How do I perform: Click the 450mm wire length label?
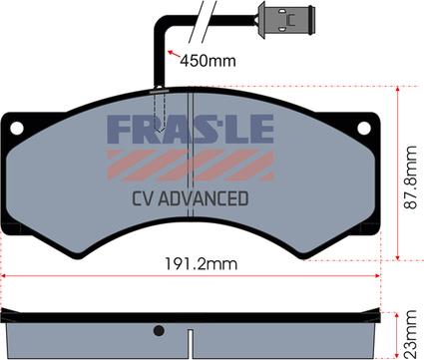pos(208,61)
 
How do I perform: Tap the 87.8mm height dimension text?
pos(411,178)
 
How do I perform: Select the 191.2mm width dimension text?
pos(202,264)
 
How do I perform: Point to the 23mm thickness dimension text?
pos(411,334)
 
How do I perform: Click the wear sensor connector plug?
pos(286,20)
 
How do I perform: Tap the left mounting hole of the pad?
pos(17,129)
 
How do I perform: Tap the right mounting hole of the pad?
pos(364,129)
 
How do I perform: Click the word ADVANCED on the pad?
pos(204,198)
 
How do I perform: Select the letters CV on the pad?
pos(143,198)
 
